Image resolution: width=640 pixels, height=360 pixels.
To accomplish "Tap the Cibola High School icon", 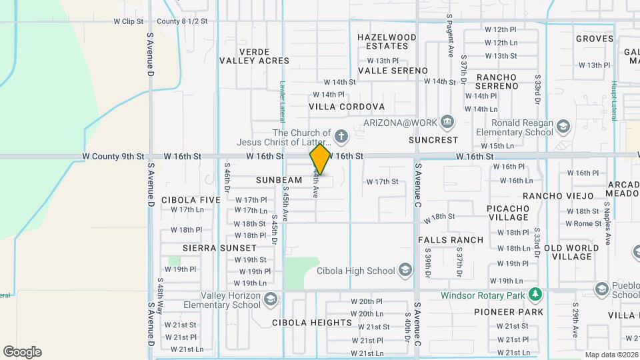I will [x=405, y=271].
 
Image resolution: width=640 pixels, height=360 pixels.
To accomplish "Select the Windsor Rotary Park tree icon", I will [x=534, y=295].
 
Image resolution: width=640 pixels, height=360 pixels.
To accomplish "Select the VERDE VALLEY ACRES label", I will [x=254, y=56].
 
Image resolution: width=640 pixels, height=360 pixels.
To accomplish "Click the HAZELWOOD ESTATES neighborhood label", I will [x=387, y=42].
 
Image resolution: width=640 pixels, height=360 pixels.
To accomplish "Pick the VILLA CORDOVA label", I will [x=347, y=107].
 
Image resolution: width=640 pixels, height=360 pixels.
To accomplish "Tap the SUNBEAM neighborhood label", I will [x=279, y=181].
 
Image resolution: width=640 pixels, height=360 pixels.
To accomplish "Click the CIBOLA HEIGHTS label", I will [x=312, y=323].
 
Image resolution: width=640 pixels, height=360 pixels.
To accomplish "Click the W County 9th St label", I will [x=113, y=157].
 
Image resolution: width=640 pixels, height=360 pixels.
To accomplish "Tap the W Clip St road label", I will [x=129, y=21].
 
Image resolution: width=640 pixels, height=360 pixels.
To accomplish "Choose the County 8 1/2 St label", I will [x=183, y=21].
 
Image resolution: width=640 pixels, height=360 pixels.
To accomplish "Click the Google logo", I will [x=22, y=352].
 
